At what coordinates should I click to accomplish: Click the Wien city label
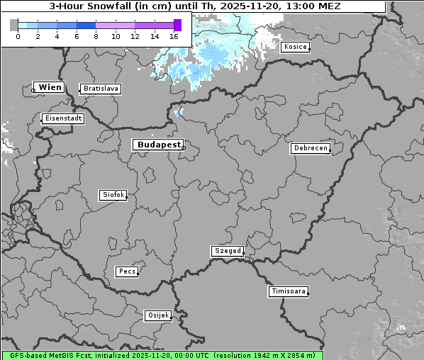50,87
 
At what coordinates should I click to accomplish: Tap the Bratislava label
100,89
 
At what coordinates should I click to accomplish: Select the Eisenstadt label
62,118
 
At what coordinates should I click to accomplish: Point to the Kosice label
295,47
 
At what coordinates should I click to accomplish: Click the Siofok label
113,194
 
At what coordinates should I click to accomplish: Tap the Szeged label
228,251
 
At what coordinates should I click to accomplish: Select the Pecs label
127,271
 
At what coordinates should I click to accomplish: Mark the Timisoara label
289,291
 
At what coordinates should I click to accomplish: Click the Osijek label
158,315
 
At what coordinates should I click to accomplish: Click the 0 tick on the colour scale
18,35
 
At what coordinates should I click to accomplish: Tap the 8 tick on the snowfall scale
96,35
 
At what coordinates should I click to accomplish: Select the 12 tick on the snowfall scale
135,35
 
